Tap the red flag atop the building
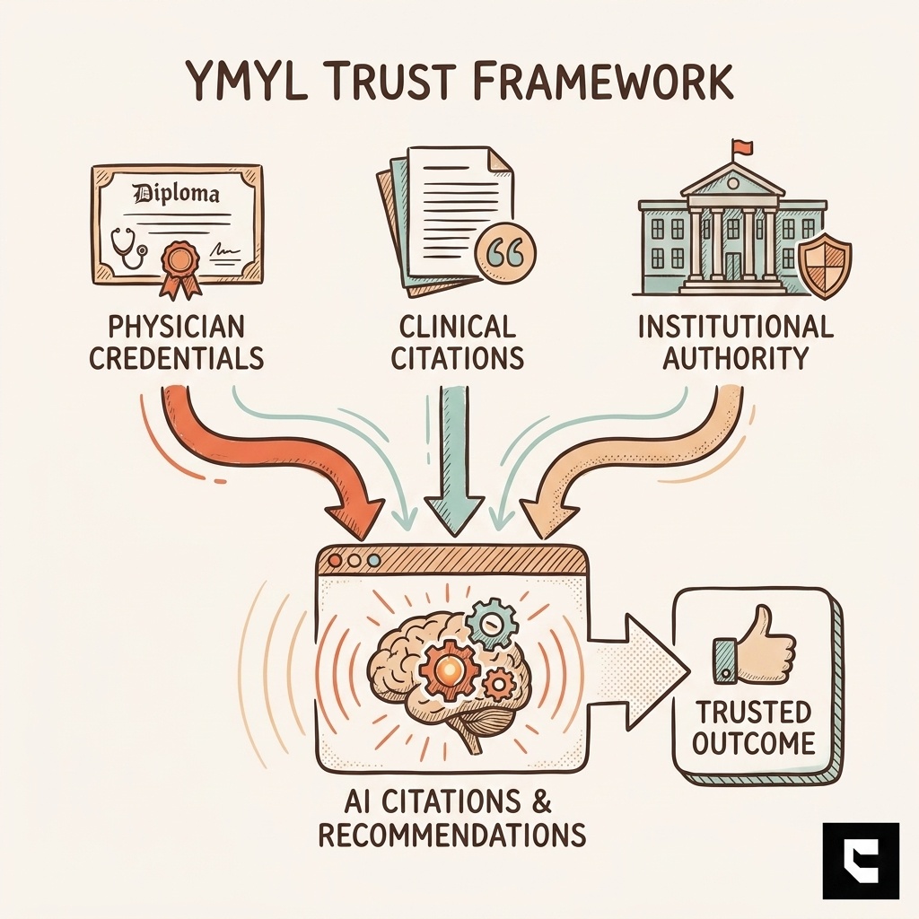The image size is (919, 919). coord(740,146)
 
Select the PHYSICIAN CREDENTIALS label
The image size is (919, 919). coord(176,342)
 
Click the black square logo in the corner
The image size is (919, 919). coord(860,860)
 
